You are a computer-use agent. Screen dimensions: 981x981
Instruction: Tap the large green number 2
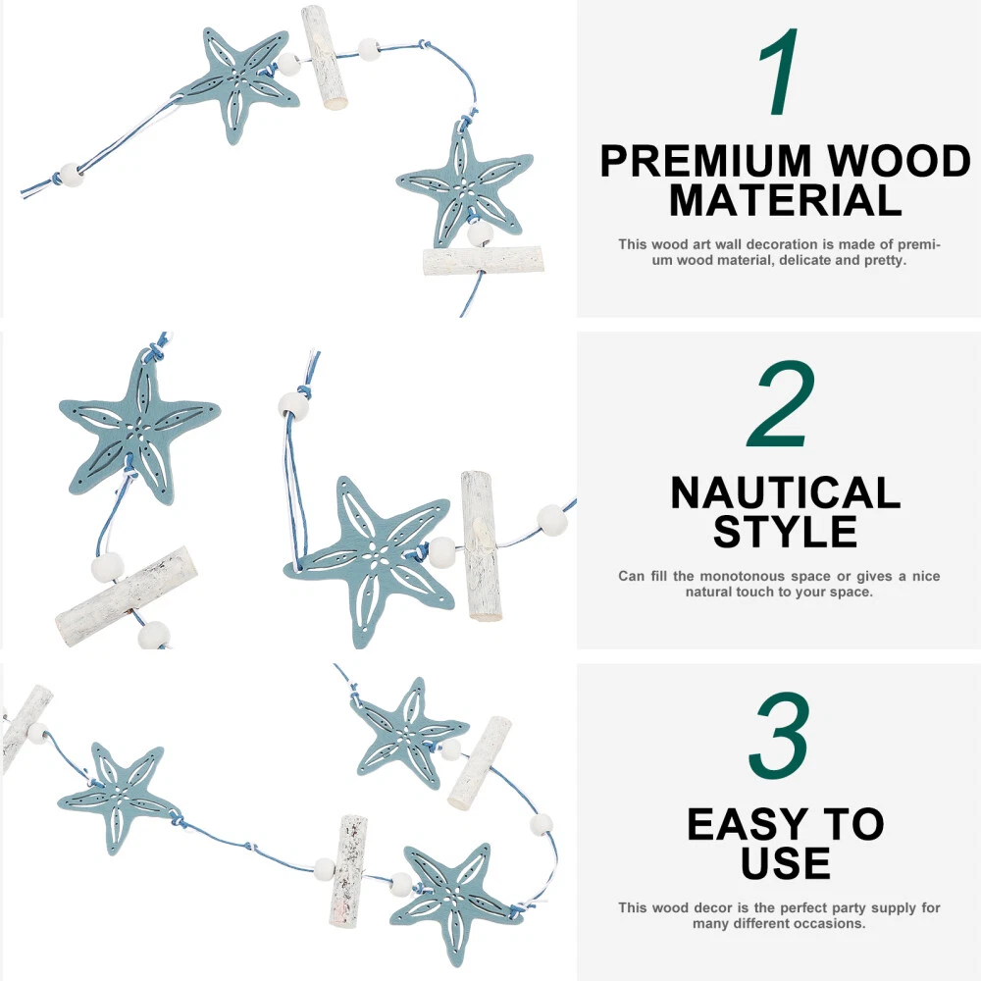point(781,404)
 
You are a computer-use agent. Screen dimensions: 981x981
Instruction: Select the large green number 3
point(780,736)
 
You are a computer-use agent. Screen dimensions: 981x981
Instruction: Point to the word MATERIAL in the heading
point(785,200)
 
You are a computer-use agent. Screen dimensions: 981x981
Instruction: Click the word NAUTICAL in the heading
point(785,493)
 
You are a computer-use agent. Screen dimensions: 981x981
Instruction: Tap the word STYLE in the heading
point(785,532)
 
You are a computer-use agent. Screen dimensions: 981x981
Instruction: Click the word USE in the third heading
point(785,862)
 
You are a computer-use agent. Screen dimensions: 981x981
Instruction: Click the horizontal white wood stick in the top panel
point(483,261)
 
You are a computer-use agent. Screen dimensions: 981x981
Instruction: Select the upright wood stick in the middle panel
point(481,544)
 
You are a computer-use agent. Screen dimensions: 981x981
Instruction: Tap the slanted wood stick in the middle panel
point(127,596)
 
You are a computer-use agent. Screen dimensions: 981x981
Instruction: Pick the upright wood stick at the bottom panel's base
point(347,870)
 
